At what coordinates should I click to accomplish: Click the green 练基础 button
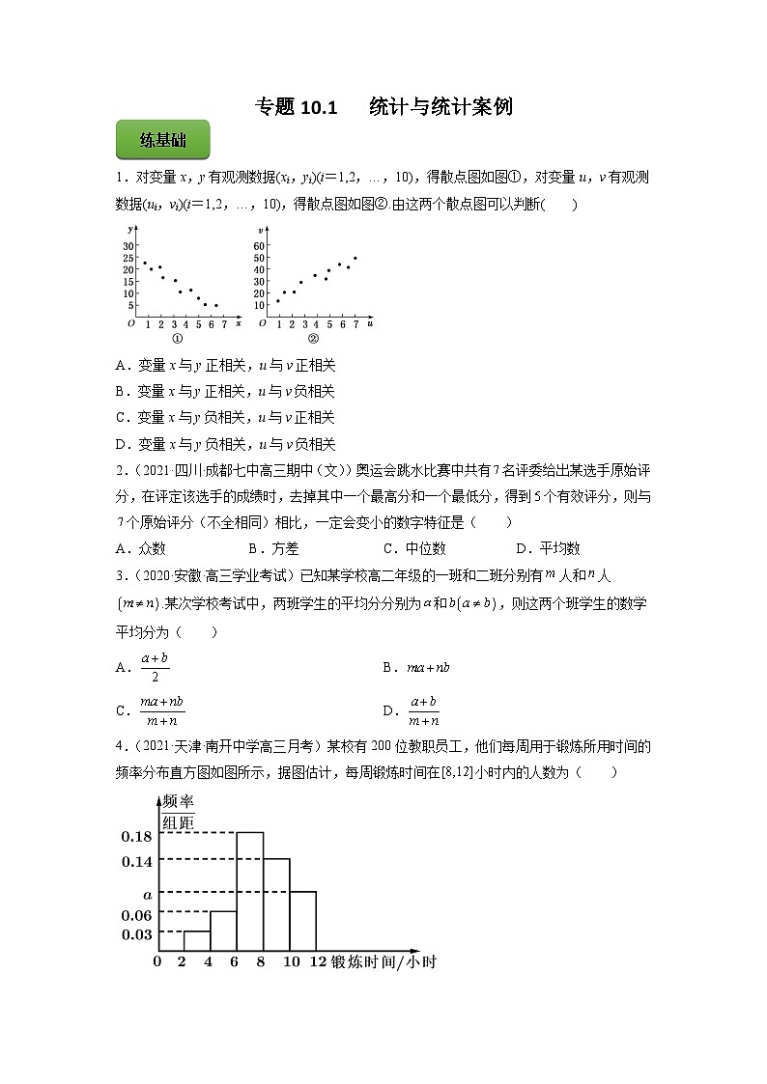click(x=163, y=141)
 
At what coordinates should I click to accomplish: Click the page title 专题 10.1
click(x=295, y=107)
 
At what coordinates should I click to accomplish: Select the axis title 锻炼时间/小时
click(x=383, y=962)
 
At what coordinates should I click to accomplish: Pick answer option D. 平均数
click(x=548, y=548)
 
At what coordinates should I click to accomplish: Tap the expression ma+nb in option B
click(x=429, y=667)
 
